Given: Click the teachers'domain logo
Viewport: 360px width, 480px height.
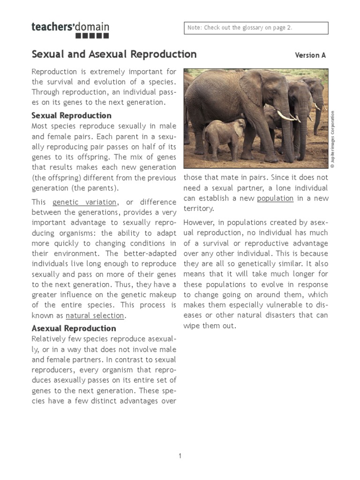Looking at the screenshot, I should [x=70, y=29].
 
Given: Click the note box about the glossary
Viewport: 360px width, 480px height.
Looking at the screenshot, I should [x=255, y=28].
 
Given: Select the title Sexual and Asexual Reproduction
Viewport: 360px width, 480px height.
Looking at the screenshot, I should [x=114, y=54].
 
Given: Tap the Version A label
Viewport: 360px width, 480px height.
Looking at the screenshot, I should [x=310, y=55].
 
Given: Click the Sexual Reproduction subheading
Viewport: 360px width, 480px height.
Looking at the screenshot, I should [x=71, y=115].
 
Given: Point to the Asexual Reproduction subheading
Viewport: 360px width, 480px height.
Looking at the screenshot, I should [x=74, y=328].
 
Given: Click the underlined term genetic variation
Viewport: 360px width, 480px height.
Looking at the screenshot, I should [x=84, y=202].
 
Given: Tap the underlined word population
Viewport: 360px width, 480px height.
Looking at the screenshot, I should [x=275, y=198].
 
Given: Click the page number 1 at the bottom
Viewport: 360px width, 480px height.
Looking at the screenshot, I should [x=180, y=456].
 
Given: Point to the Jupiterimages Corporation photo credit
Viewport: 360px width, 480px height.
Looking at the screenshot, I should [x=332, y=139].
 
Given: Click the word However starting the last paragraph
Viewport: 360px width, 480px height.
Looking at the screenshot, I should [x=199, y=222].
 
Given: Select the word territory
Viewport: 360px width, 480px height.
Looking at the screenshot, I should [x=199, y=208].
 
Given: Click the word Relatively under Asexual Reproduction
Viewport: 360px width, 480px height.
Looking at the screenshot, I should [x=50, y=338].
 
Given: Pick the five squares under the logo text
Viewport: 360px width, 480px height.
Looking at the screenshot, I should [x=92, y=36].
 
